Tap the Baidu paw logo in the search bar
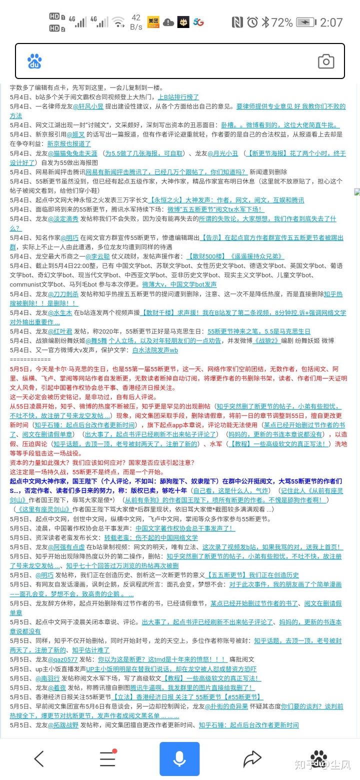point(34,61)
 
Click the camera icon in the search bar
point(326,61)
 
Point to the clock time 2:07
point(331,22)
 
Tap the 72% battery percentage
point(282,22)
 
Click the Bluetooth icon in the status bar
point(265,22)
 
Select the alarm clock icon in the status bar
point(252,22)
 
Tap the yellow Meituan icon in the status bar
point(153,22)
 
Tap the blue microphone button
point(179,758)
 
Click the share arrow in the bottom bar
point(252,758)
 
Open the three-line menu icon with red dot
point(107,758)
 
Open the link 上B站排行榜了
point(178,97)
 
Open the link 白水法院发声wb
point(155,350)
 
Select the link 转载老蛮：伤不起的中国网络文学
point(150,537)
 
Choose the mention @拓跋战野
point(63,725)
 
